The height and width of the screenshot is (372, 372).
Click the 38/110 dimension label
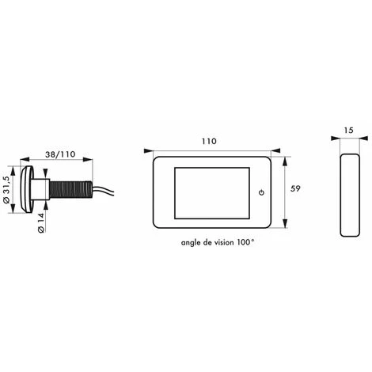pos(60,154)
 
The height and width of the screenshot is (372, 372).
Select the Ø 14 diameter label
pos(40,223)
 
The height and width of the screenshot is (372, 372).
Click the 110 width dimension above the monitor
pos(209,142)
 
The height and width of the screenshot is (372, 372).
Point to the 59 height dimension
pos(295,188)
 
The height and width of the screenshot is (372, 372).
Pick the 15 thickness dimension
pos(348,130)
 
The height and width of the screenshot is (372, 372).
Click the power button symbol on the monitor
pos(261,192)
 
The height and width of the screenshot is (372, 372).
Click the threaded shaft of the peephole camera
pos(70,189)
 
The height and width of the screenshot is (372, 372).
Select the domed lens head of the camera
pos(27,189)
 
